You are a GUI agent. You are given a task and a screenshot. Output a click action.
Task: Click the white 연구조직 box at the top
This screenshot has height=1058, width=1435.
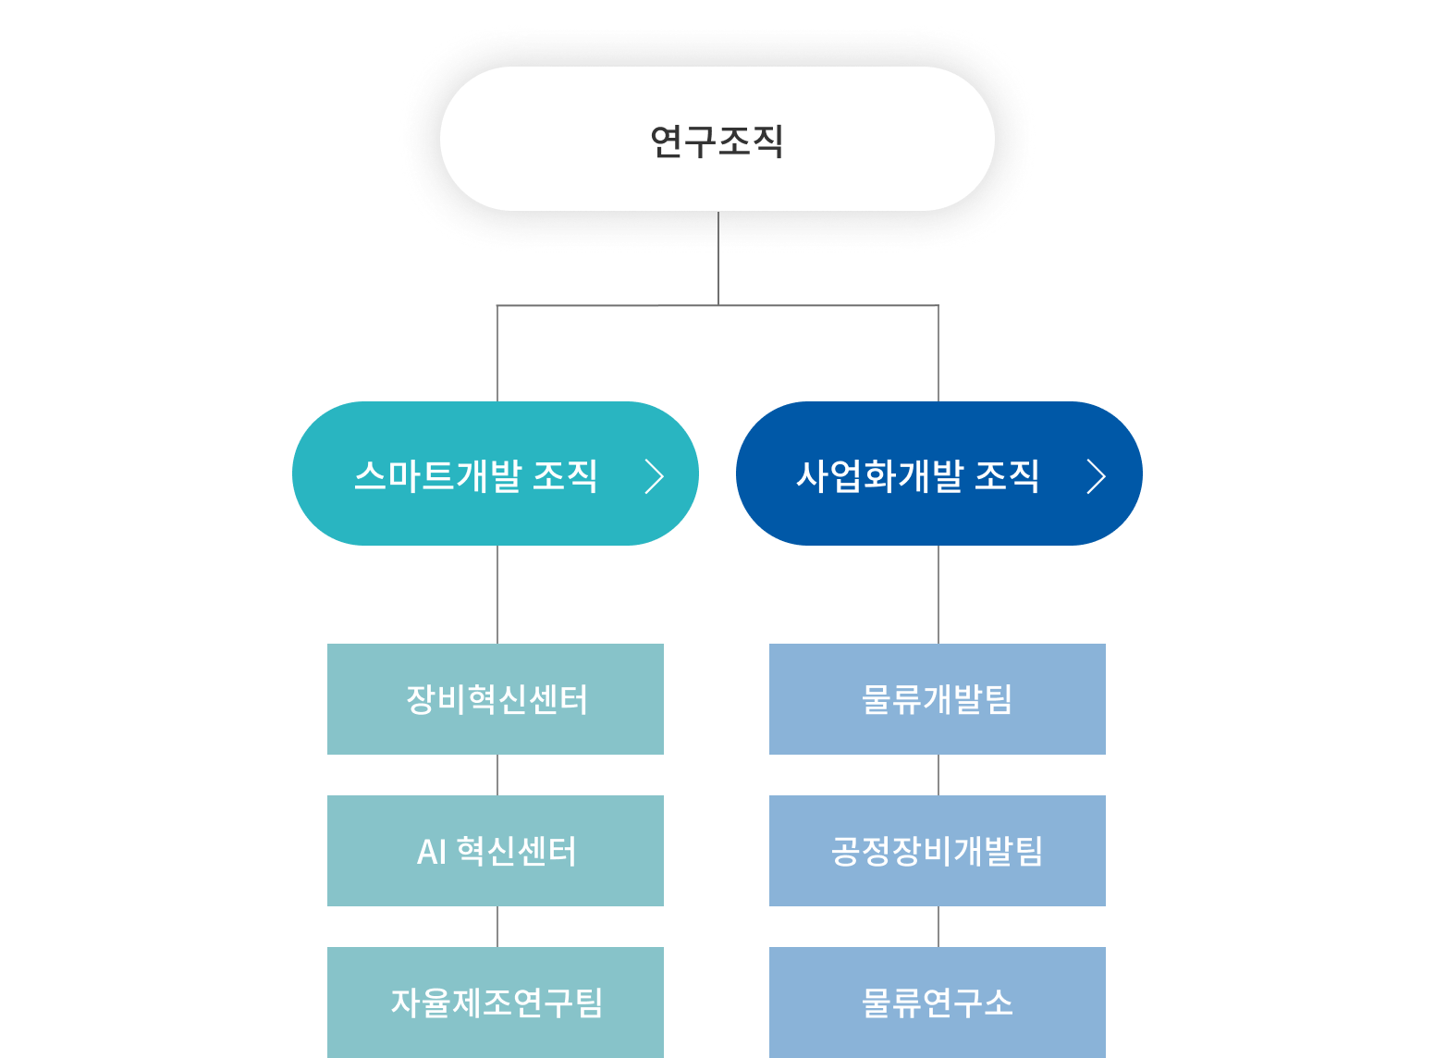tap(717, 139)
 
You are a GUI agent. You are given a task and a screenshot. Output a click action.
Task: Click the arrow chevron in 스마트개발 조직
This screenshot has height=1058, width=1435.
tap(655, 477)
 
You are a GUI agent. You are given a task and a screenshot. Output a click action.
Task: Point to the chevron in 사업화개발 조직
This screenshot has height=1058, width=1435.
tap(1097, 477)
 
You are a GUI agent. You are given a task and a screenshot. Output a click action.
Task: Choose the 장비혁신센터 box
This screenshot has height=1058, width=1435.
tap(496, 699)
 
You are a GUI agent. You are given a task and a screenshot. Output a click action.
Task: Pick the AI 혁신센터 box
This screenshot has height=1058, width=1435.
tap(496, 851)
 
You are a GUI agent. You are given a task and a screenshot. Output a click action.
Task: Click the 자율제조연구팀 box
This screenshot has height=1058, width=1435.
tap(496, 1003)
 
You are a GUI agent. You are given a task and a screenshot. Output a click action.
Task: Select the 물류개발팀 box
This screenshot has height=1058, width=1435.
tap(938, 699)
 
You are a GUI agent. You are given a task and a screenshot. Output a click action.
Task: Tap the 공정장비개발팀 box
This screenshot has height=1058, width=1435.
tap(938, 851)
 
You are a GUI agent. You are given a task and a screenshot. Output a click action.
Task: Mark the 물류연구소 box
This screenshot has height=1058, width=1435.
tap(938, 1003)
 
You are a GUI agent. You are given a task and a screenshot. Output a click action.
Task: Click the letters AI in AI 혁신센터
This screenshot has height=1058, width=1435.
tap(432, 852)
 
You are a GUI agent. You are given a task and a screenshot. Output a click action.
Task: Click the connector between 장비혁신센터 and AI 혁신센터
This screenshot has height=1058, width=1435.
tap(497, 775)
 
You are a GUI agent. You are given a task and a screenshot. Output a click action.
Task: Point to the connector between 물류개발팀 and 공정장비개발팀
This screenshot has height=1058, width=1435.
tap(938, 775)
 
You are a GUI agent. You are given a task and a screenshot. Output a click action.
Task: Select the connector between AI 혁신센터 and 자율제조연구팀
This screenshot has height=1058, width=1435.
tap(497, 927)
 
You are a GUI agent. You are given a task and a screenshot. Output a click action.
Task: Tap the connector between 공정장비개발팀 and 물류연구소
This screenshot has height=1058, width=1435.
tap(938, 927)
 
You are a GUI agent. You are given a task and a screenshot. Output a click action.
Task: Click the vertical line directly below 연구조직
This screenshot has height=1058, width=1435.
tap(718, 259)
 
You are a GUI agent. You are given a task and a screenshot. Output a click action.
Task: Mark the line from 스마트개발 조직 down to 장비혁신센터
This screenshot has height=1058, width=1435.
tap(497, 595)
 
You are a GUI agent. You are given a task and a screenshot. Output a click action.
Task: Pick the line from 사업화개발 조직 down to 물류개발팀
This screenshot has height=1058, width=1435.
tap(938, 595)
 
